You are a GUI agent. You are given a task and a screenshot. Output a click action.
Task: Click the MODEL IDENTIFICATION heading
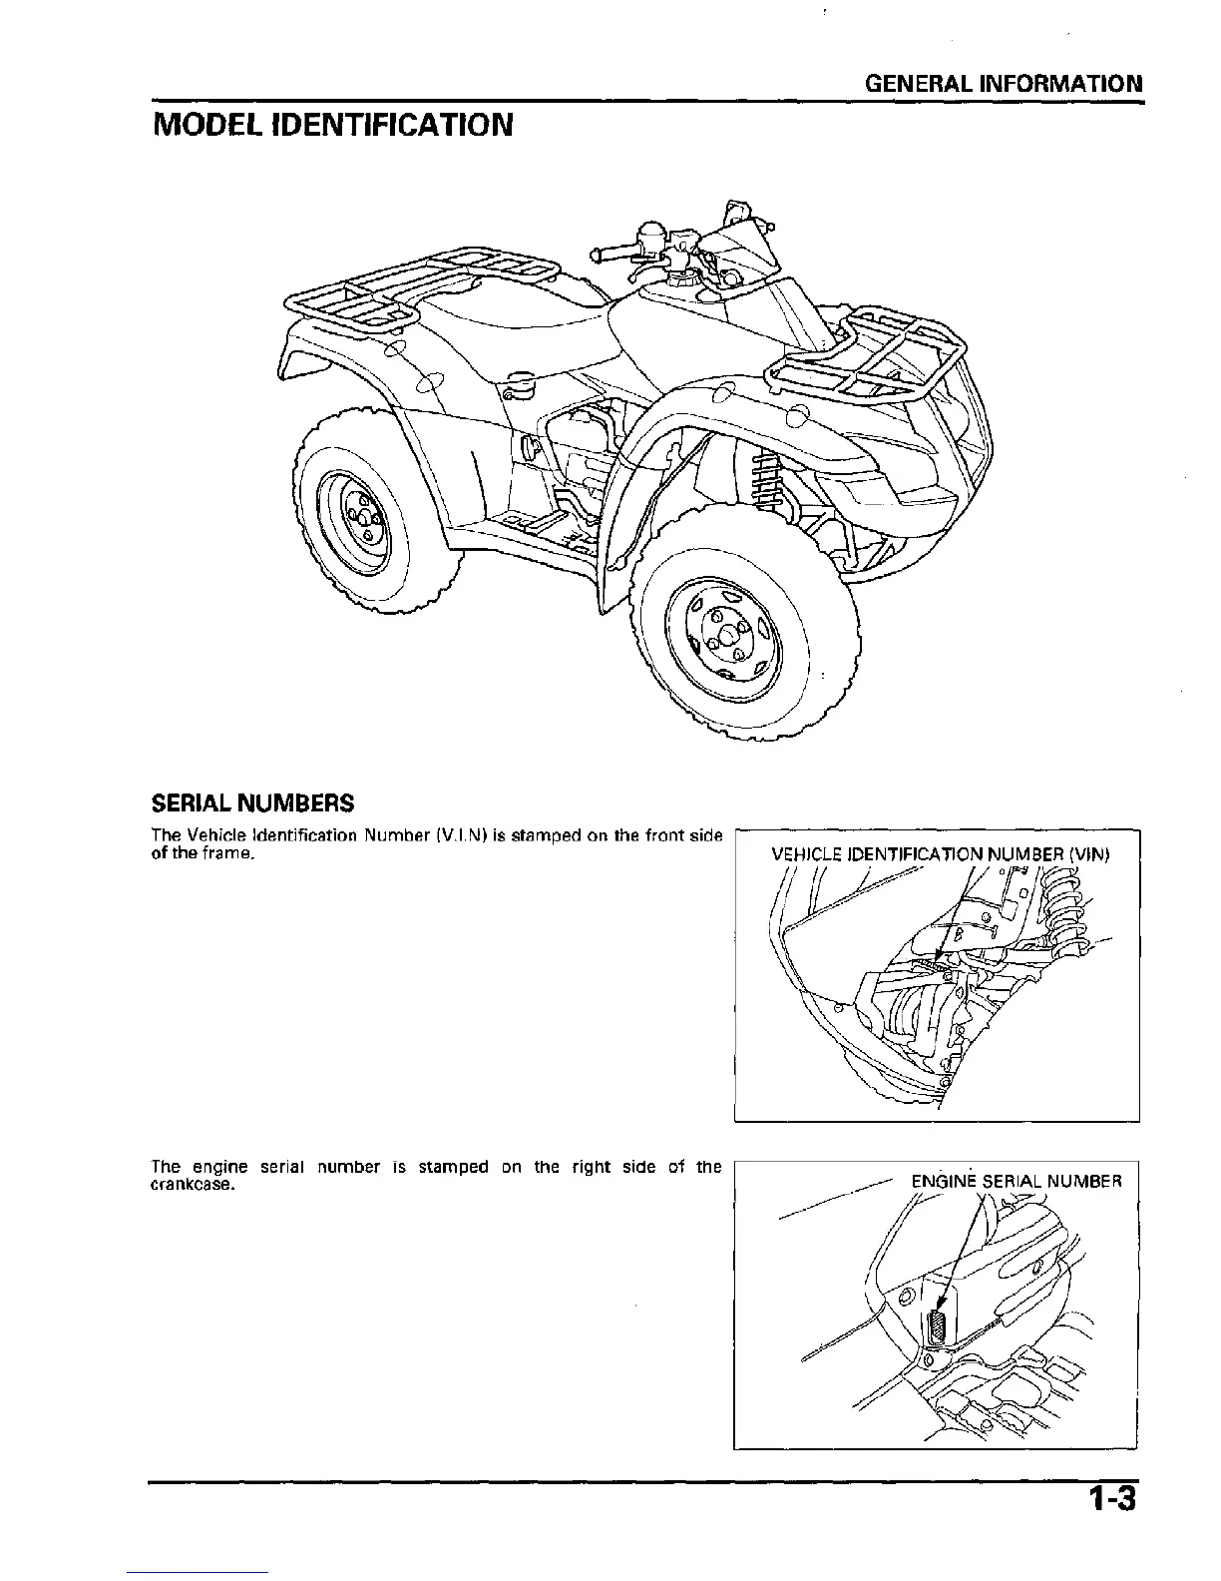(332, 125)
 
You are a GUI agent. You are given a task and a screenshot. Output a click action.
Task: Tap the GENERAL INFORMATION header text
(1004, 83)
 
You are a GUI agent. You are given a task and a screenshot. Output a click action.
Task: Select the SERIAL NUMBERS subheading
(251, 802)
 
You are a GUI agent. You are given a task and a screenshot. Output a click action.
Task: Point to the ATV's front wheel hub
(725, 636)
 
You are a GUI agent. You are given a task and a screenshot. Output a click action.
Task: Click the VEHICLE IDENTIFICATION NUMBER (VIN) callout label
(941, 854)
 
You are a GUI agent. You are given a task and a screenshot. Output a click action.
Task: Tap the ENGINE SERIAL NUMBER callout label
(1017, 1182)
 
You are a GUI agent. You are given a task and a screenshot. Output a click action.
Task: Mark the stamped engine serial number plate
(937, 1328)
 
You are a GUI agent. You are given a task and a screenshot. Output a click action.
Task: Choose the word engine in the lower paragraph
(218, 1167)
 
